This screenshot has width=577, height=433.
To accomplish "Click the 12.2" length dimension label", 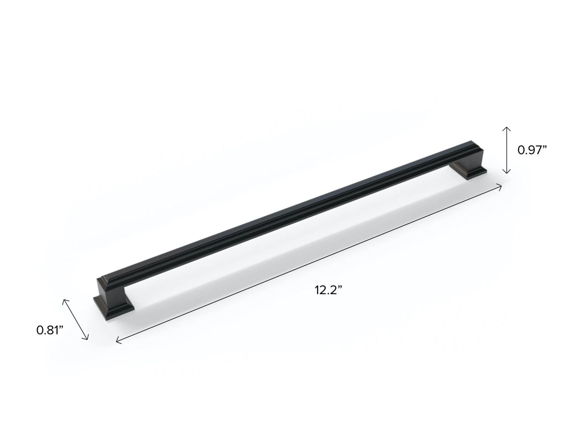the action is click(x=329, y=290).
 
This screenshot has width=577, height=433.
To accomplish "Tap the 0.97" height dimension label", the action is click(x=532, y=150).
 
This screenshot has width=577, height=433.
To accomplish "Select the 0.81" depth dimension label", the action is click(x=50, y=330).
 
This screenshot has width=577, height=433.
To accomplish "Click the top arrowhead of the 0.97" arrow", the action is click(x=507, y=129).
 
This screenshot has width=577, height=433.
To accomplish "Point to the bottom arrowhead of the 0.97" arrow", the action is click(x=507, y=171).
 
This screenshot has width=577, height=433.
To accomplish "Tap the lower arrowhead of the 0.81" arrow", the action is click(x=86, y=337).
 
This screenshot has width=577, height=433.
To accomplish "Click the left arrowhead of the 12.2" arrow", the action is click(x=118, y=341).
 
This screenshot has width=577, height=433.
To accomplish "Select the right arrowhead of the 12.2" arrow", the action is click(x=499, y=187).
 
